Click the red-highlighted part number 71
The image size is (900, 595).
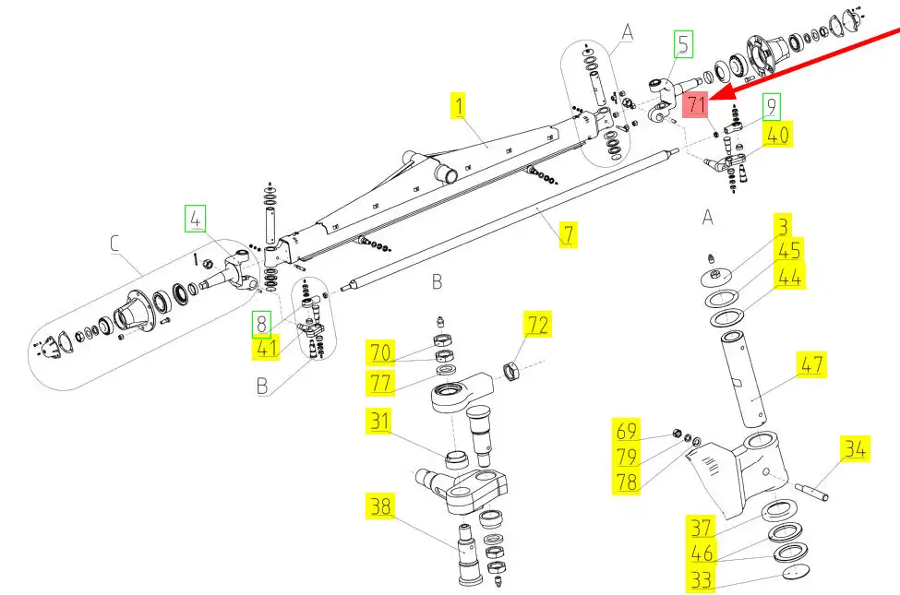point(695,105)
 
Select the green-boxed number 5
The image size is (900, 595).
point(683,44)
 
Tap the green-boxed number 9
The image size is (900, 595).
point(772,107)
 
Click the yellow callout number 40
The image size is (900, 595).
point(778,135)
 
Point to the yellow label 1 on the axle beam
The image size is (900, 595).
point(458,105)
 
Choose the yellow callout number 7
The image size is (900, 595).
point(569,234)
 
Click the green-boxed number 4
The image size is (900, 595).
point(195,219)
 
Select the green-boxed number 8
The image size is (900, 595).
point(261,324)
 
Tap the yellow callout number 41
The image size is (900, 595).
point(267,348)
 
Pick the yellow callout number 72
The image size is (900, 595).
point(537,325)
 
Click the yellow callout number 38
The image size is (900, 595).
point(380,506)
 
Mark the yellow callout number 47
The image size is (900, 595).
point(811,364)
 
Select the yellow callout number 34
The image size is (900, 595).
point(855,448)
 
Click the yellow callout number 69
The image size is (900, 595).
point(626,431)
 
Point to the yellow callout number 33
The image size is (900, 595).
point(701,579)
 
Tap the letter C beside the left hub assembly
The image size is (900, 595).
point(114,244)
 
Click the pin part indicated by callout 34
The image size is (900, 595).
point(811,492)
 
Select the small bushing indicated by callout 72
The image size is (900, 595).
point(511,371)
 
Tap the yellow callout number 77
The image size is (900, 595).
point(380,382)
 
